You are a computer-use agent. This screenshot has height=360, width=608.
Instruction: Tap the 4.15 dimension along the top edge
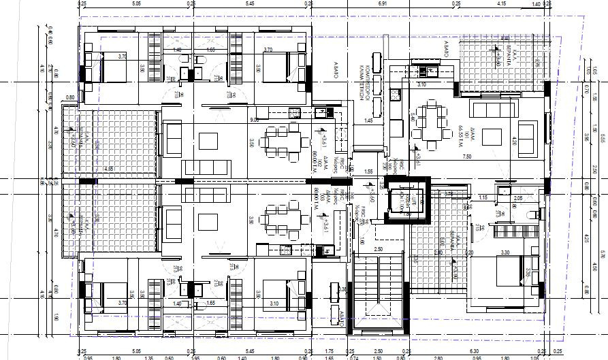point(501,4)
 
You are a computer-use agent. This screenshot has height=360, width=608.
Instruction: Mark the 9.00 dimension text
point(254,120)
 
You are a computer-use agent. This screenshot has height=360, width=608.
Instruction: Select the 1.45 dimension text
point(368,121)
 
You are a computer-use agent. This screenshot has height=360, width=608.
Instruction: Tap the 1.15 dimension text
point(483,198)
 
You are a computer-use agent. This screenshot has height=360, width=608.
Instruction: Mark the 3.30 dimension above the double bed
point(505,252)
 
